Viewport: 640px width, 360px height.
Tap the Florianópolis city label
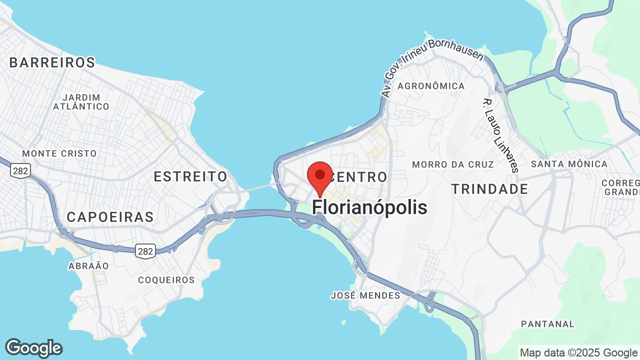pos(369,207)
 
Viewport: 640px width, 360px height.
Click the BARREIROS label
pos(52,62)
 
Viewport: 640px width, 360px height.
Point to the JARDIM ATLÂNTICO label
pos(81,102)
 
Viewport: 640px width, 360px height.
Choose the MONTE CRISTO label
pos(59,153)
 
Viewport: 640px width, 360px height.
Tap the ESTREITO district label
pos(190,176)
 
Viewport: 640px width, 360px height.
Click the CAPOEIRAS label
pos(110,217)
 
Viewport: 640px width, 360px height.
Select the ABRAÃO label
pos(88,266)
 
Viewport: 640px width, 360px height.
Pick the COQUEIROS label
pos(166,280)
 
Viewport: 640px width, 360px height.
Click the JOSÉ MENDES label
pos(365,295)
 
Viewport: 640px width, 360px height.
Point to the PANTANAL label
pos(547,324)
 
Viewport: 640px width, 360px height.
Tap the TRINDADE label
pos(489,189)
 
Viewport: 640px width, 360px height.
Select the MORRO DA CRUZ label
pos(452,164)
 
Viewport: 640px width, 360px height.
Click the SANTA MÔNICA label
pos(569,164)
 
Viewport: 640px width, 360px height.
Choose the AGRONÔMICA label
pos(431,86)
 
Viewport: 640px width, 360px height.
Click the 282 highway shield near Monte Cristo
pos(20,170)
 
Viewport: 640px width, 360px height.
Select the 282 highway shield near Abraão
pos(145,251)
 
